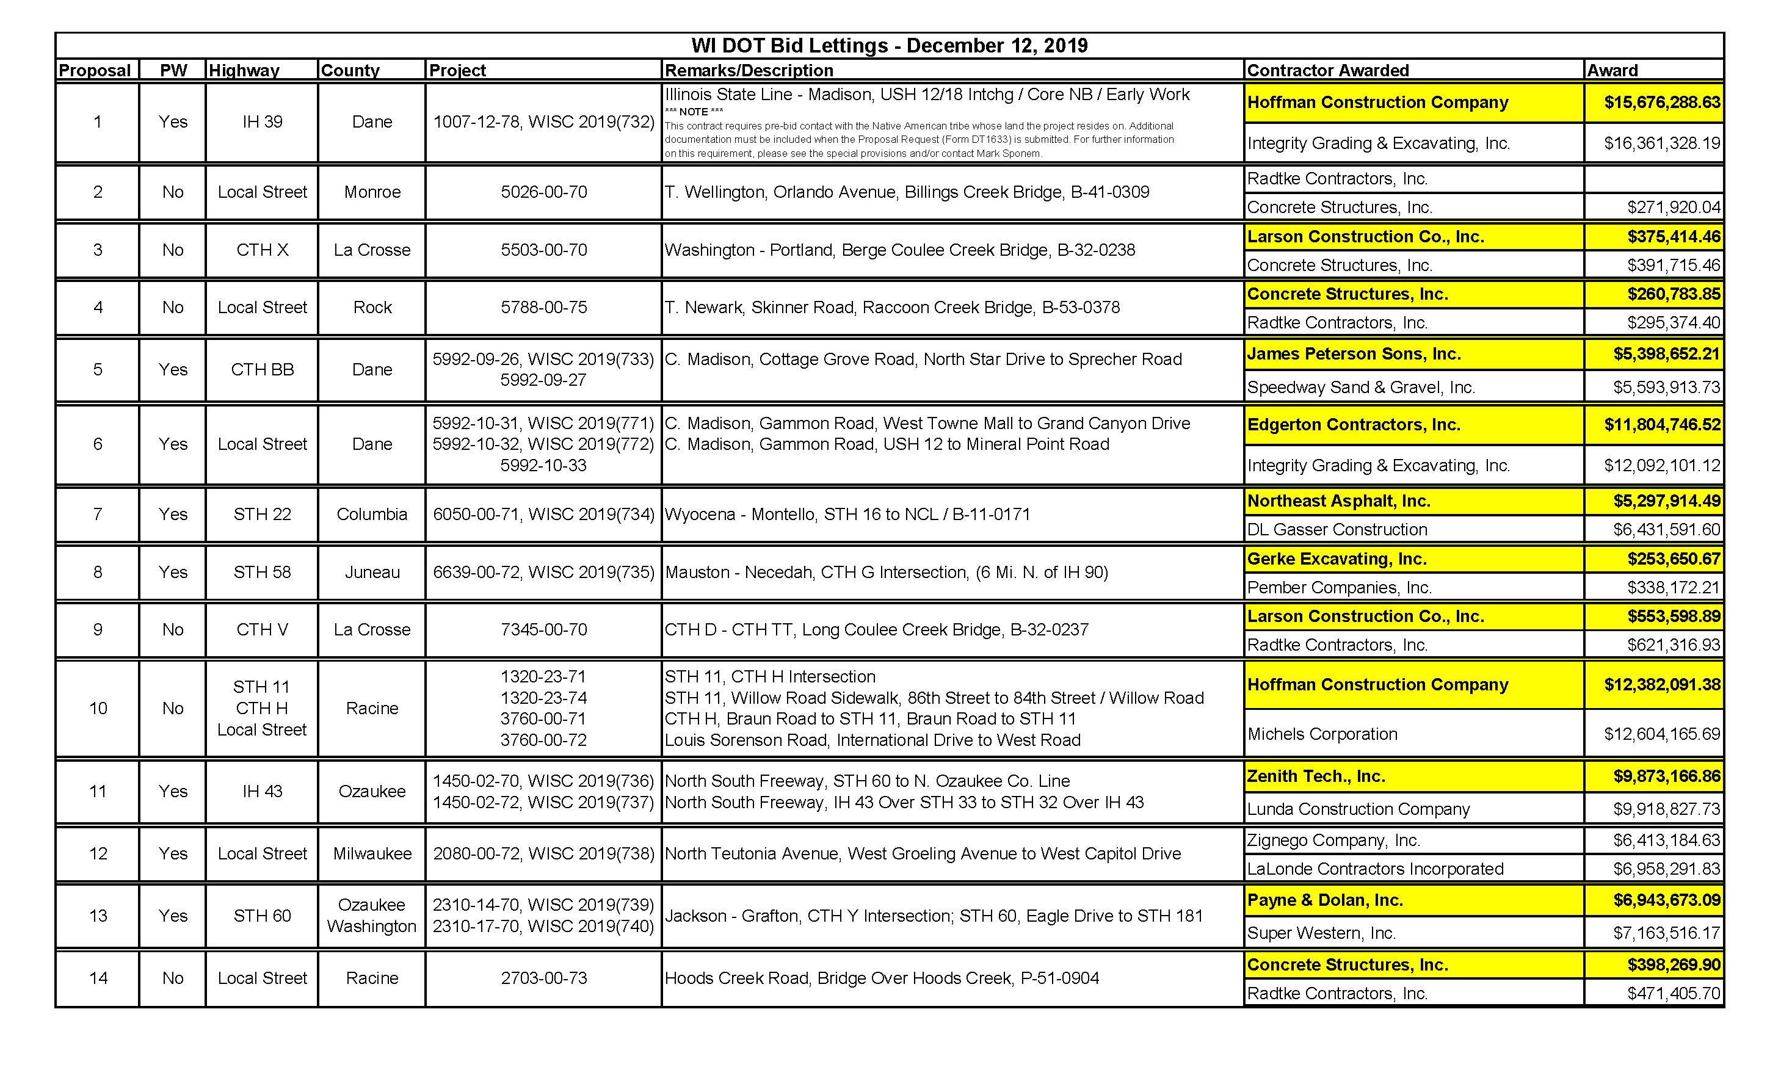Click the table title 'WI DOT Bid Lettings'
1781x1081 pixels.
(x=889, y=46)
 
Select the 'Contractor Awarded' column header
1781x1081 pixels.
(x=1328, y=70)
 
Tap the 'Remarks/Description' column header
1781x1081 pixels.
(x=749, y=70)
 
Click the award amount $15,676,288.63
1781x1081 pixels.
(x=1662, y=103)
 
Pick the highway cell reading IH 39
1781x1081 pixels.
(x=263, y=121)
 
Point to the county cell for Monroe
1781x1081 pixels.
(x=372, y=192)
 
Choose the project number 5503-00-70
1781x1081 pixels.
(x=543, y=250)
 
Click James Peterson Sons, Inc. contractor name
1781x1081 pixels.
(x=1354, y=354)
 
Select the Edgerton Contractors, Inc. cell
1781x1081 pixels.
(x=1354, y=425)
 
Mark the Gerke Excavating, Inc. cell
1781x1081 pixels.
(x=1337, y=559)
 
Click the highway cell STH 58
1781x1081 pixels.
(x=263, y=573)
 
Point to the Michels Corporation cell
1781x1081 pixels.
(x=1322, y=734)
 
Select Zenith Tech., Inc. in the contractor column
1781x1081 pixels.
(x=1316, y=777)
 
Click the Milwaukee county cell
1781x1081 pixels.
(x=372, y=854)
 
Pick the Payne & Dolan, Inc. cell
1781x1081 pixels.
(x=1325, y=900)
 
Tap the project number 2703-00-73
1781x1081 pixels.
(x=543, y=978)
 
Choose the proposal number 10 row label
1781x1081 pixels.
(x=98, y=709)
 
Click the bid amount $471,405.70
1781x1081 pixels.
(x=1674, y=994)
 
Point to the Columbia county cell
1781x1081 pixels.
(x=372, y=515)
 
